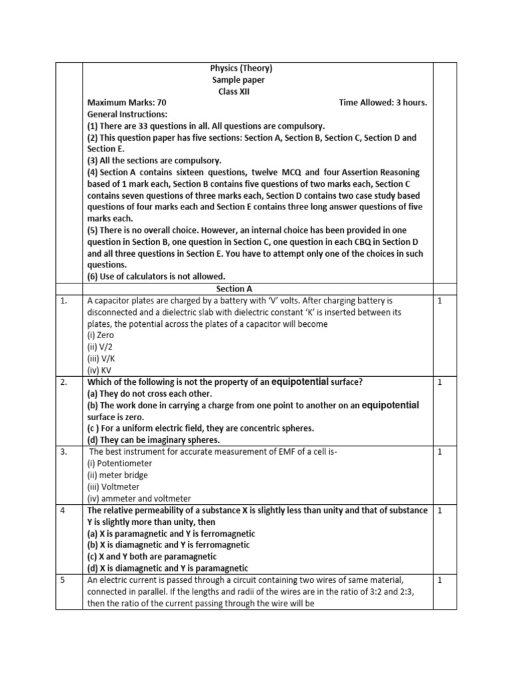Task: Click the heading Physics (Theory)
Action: (x=241, y=68)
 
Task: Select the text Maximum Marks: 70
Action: (x=127, y=103)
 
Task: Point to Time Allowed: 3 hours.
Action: (x=383, y=103)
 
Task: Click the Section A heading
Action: (x=235, y=289)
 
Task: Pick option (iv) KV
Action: (x=99, y=370)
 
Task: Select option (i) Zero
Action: (x=101, y=335)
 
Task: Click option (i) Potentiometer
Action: (x=120, y=463)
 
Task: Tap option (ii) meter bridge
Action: (x=118, y=475)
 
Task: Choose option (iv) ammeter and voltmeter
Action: (x=139, y=498)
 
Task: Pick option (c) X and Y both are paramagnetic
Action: (x=152, y=556)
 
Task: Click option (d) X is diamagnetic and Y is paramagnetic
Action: (x=167, y=568)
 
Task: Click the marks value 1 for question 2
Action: (x=439, y=382)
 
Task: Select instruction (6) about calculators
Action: (x=156, y=277)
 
